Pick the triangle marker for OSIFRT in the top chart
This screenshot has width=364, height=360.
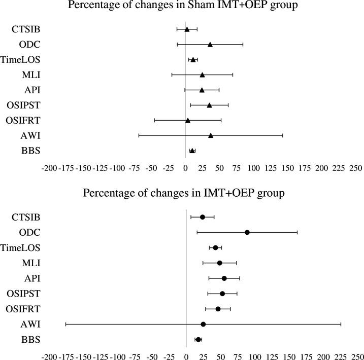[x=187, y=120]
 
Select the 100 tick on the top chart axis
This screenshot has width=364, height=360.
[x=253, y=167]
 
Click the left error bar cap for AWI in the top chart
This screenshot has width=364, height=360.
[x=139, y=135]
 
